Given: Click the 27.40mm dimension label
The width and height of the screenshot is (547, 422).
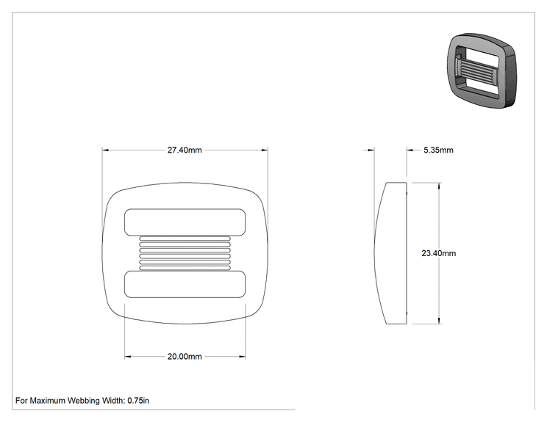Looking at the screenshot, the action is pos(185,150).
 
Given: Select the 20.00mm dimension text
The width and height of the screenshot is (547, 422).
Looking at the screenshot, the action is pos(185,357).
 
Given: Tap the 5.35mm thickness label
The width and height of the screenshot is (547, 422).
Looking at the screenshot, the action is pos(438,150).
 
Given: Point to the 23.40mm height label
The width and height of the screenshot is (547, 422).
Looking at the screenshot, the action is pos(438,253).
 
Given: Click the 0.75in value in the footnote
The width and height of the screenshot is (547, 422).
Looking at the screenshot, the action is pos(138,401).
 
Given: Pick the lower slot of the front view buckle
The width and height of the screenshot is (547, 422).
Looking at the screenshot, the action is pos(185,284).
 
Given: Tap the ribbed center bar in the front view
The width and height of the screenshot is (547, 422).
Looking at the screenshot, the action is pos(185,253).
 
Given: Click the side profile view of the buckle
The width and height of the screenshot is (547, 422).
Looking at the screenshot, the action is pos(390,253).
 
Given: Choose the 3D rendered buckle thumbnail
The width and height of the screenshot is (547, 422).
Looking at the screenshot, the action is pos(482,70).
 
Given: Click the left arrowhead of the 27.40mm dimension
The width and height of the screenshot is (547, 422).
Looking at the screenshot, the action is pos(105,150).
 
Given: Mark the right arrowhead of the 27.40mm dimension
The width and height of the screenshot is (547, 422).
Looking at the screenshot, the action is pos(265,150).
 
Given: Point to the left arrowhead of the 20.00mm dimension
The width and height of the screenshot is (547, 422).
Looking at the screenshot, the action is pos(128,357).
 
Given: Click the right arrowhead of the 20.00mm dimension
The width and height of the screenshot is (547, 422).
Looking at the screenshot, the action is pos(242,357).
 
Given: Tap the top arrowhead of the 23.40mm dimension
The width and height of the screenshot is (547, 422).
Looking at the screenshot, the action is pos(439,186).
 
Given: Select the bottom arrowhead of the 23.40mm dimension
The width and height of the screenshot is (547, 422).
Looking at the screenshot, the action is pos(439,321).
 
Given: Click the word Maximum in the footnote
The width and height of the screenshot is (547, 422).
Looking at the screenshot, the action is pos(47,401).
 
